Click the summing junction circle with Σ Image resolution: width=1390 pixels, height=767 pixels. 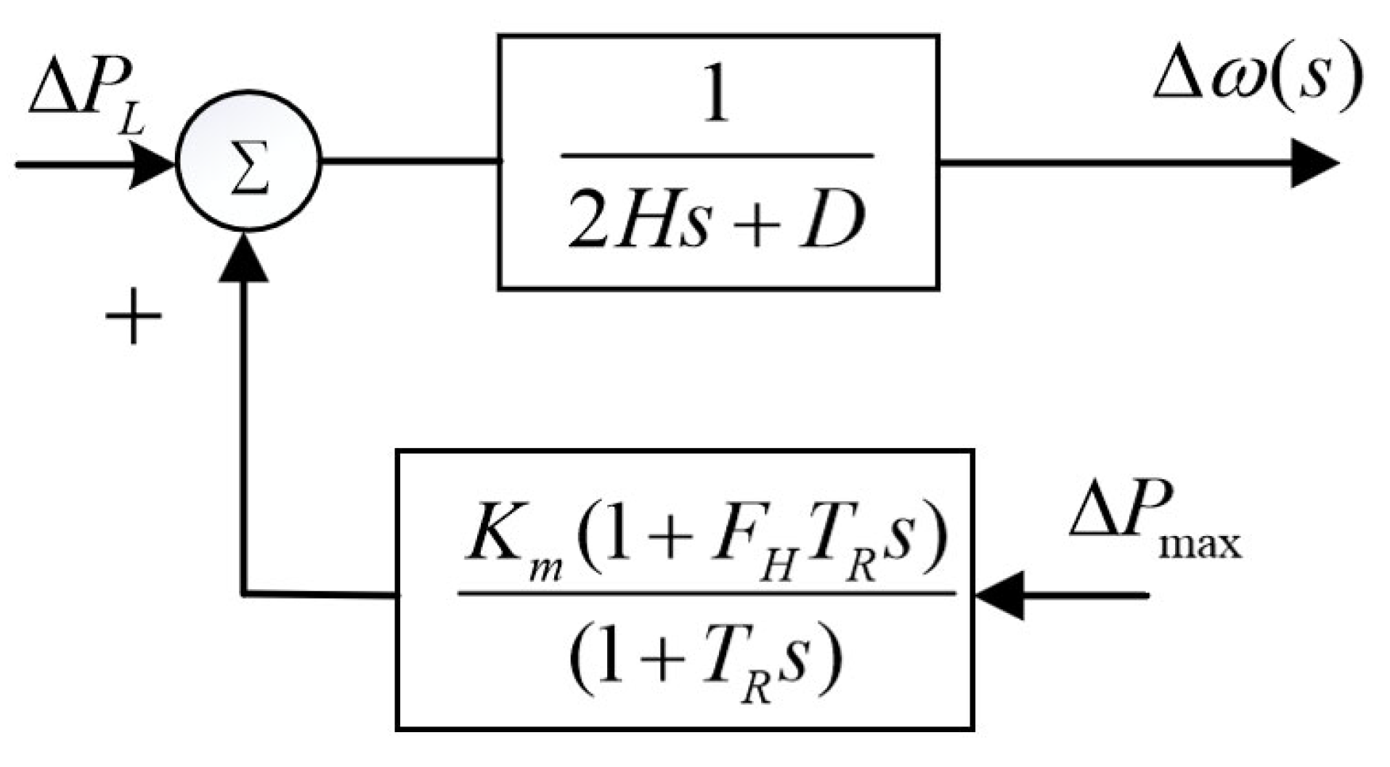coord(248,161)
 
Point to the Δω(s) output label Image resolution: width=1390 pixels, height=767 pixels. coord(1257,80)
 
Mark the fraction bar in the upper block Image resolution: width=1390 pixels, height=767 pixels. coord(716,155)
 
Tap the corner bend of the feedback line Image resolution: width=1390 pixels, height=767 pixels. coord(244,595)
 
